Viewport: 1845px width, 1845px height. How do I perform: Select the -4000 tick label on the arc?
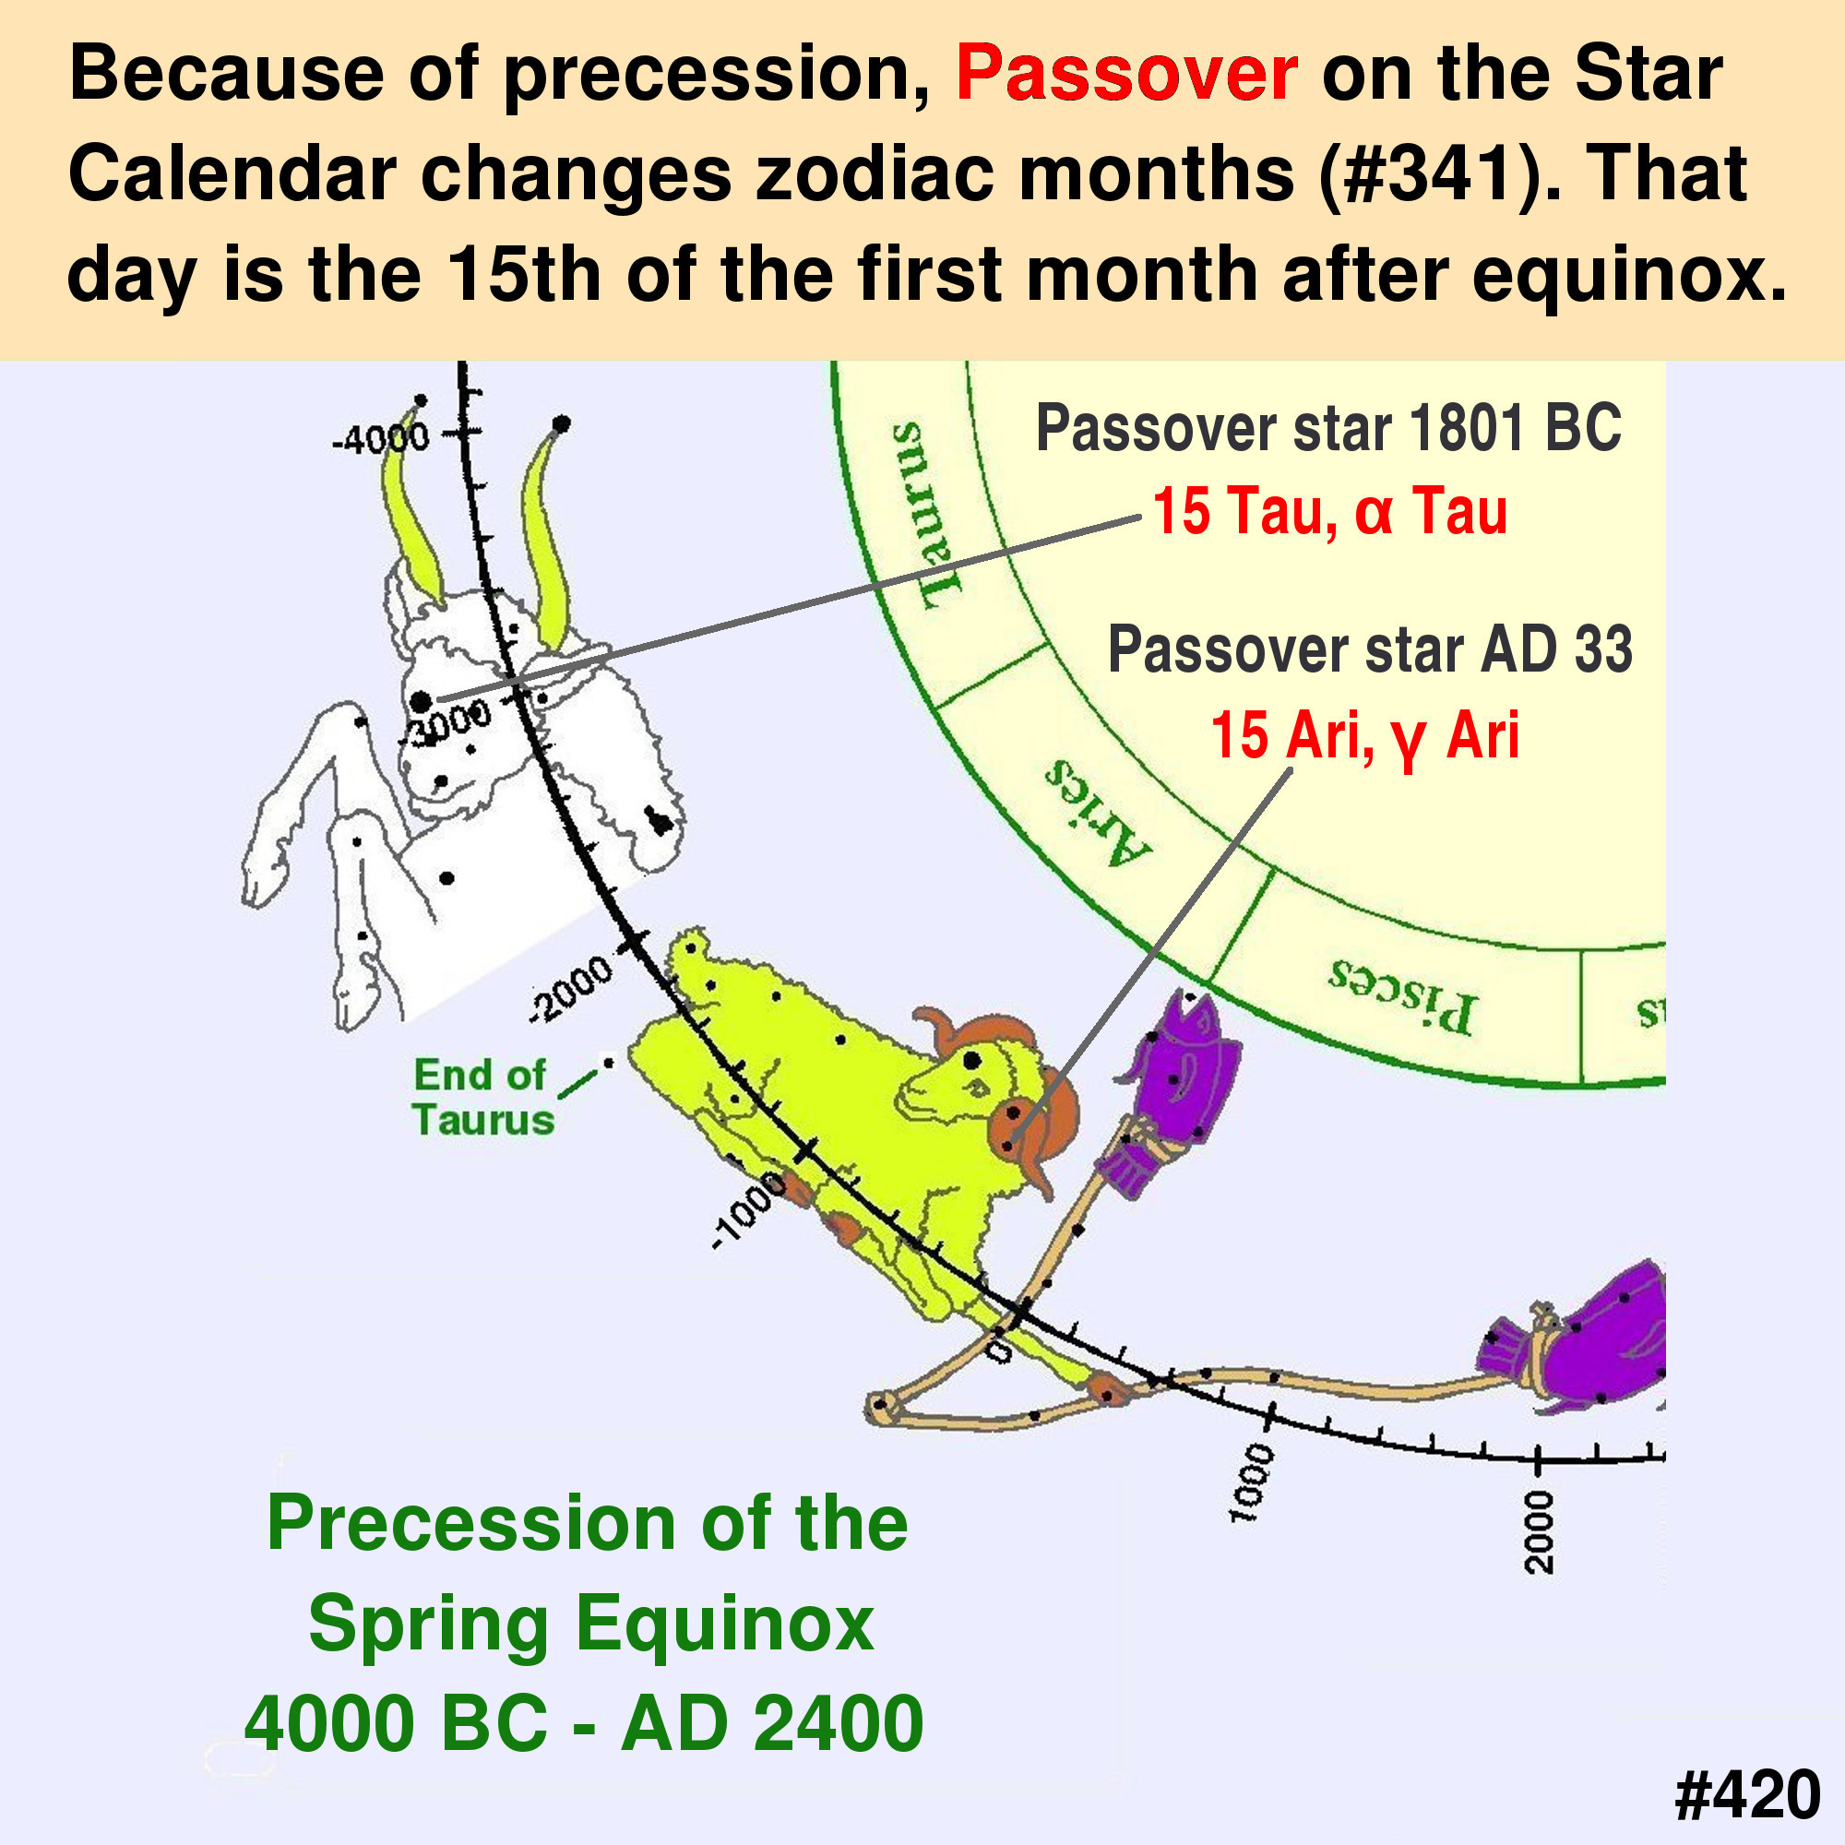(380, 439)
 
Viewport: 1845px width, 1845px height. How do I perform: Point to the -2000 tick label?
(571, 988)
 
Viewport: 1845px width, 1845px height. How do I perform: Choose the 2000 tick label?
(1540, 1531)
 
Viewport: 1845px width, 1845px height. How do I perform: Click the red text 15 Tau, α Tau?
(1329, 511)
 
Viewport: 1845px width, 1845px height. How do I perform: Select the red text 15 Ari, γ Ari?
(1364, 736)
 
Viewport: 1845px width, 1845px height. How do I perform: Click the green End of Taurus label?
(483, 1097)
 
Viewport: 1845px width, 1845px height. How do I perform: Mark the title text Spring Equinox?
(591, 1624)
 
